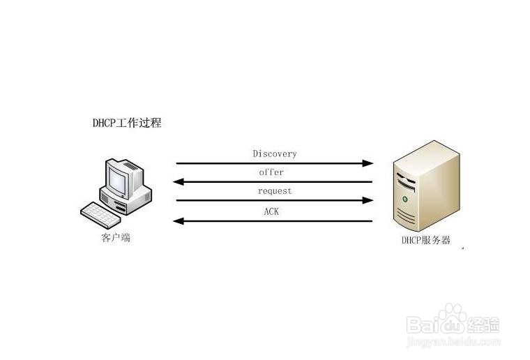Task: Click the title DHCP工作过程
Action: (127, 122)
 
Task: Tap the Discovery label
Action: (275, 153)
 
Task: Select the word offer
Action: (271, 172)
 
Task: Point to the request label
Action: (275, 191)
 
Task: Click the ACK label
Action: (271, 211)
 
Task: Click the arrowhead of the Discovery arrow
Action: (368, 164)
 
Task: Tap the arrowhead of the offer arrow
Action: (179, 182)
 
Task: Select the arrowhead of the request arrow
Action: (368, 200)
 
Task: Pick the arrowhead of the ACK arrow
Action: (179, 221)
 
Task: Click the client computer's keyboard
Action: (100, 215)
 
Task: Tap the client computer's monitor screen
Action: (117, 181)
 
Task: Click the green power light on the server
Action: (405, 199)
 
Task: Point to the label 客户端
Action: (116, 238)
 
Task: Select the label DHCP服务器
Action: (426, 240)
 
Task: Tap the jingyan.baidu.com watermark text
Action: (453, 342)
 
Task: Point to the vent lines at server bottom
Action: (407, 216)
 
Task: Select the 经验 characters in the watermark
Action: (483, 325)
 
